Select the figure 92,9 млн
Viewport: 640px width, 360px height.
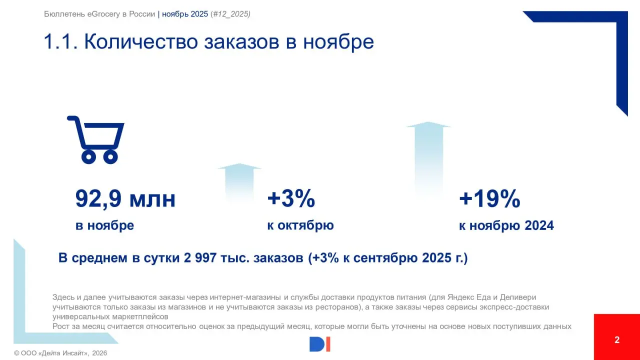[125, 199]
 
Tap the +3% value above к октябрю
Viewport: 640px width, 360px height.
[291, 199]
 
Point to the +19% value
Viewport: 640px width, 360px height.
[489, 199]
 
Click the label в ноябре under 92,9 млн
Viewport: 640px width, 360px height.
[104, 225]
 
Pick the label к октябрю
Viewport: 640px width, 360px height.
[300, 225]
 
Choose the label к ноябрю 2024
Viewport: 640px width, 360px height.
[506, 225]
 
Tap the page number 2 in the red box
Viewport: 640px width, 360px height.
[617, 340]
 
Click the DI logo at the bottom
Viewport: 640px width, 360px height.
[320, 344]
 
